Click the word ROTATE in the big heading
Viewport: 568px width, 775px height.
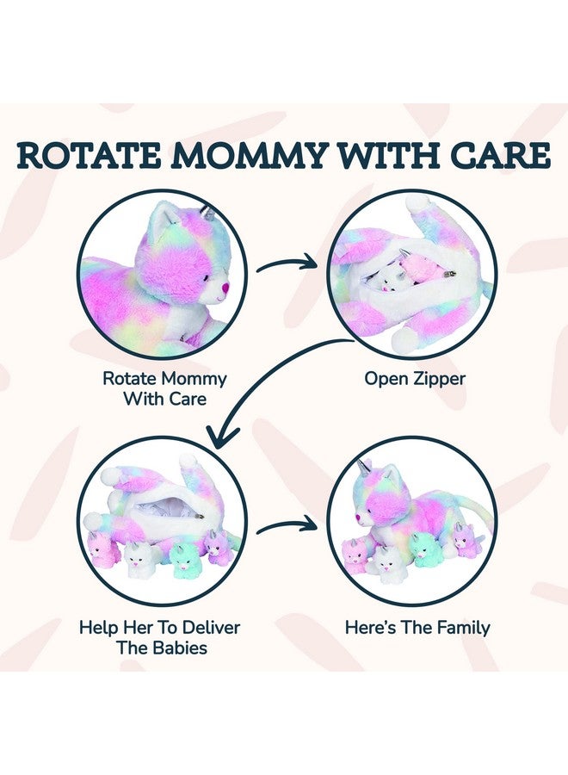point(90,155)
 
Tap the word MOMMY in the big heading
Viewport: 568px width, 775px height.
point(252,155)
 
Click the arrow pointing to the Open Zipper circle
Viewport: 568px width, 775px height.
point(287,264)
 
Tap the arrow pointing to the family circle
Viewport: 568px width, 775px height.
point(287,527)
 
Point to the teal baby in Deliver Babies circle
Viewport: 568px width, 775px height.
point(182,556)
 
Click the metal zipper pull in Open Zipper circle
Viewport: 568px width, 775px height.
point(448,273)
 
